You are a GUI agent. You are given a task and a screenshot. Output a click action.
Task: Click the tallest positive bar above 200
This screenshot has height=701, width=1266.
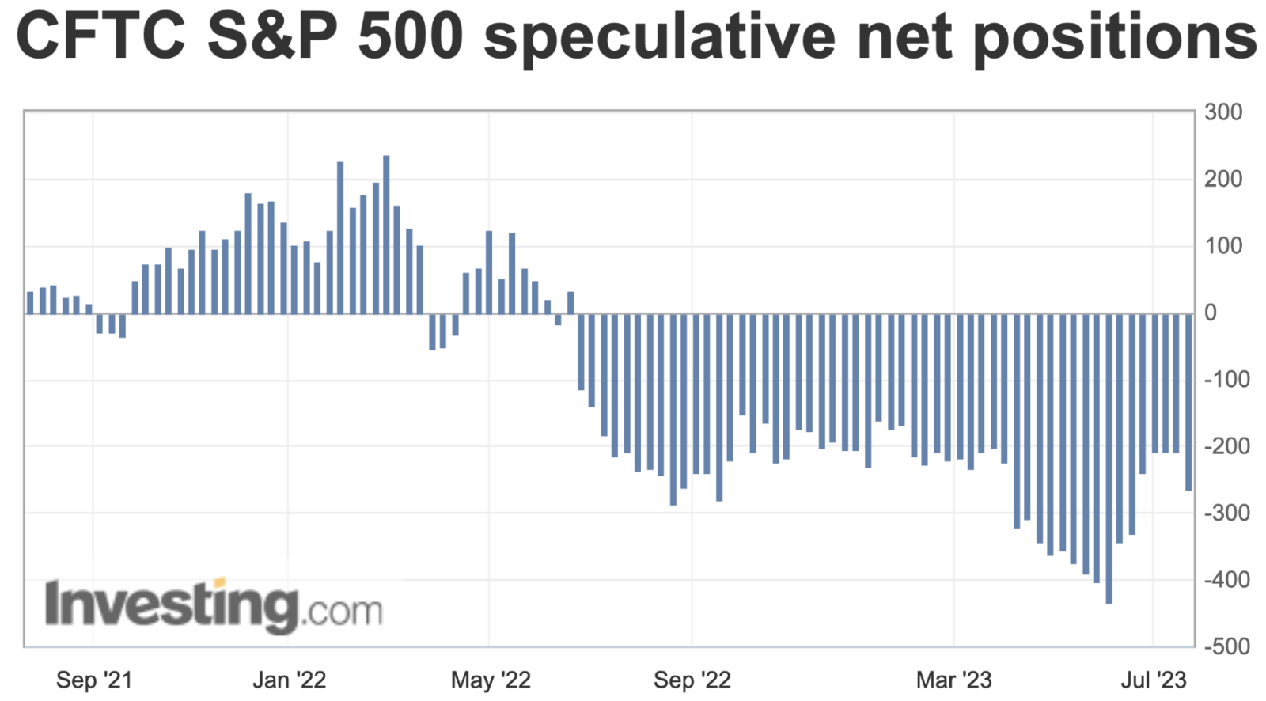[x=386, y=233]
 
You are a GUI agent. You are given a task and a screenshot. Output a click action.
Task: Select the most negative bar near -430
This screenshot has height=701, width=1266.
[x=1109, y=459]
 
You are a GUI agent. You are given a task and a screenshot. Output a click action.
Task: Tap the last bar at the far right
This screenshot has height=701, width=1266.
[x=1188, y=402]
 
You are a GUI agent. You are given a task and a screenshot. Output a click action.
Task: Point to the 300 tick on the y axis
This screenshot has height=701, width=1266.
[x=1222, y=112]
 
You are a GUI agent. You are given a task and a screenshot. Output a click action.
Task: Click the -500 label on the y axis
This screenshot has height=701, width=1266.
[x=1222, y=646]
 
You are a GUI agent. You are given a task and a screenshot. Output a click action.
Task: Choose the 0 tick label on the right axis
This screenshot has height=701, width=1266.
[x=1211, y=313]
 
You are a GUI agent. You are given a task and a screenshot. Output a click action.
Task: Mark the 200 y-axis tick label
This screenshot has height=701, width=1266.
[x=1222, y=180]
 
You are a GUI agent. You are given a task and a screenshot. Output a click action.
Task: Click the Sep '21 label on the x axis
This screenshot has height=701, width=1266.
[x=94, y=680]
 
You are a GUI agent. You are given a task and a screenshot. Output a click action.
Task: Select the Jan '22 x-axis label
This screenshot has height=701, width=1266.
[x=289, y=680]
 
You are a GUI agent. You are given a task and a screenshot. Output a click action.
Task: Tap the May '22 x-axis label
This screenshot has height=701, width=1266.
[x=491, y=680]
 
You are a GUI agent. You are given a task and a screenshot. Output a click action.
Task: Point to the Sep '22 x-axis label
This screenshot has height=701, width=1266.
[x=692, y=680]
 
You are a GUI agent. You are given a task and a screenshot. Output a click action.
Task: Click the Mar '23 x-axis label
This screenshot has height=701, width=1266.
[x=953, y=680]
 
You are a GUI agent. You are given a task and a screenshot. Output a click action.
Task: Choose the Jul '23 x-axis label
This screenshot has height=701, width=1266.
[x=1154, y=680]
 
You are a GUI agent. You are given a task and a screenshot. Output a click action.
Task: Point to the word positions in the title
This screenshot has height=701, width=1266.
[x=1115, y=38]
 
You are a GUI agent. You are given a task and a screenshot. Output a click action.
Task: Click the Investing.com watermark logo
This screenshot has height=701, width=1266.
[x=214, y=606]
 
